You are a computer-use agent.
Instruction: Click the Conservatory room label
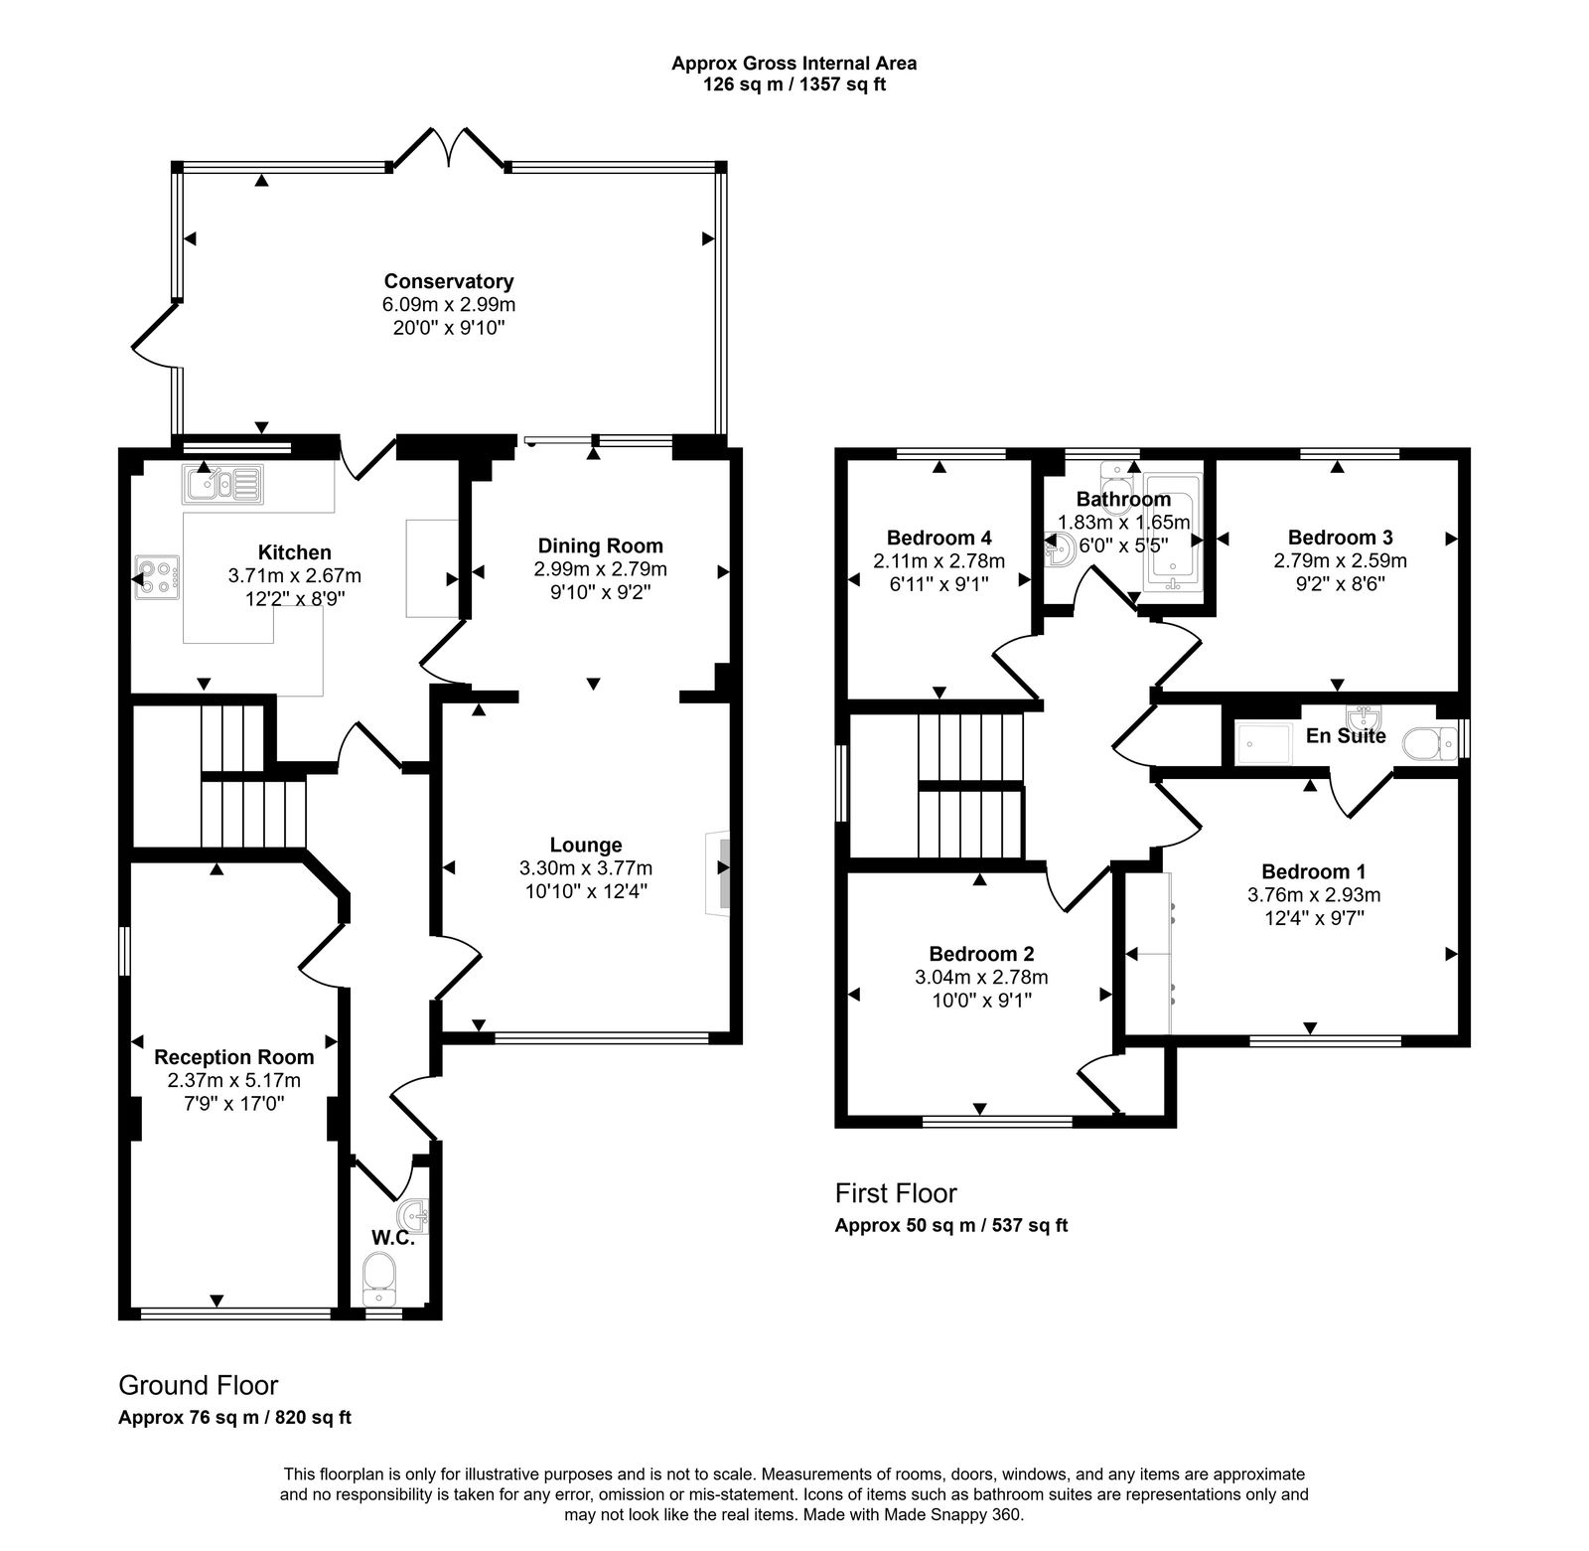(449, 281)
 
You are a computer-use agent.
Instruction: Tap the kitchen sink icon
(220, 484)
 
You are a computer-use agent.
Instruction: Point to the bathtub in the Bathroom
(1173, 537)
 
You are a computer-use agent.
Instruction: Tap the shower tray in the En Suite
(1263, 744)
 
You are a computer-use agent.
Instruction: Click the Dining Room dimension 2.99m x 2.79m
(600, 569)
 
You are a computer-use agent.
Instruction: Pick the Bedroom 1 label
(1313, 871)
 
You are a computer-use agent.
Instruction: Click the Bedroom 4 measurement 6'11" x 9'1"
(939, 584)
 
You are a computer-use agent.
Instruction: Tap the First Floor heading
(896, 1192)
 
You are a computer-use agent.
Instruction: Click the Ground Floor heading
(199, 1385)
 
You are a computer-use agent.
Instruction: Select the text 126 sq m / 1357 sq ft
(794, 84)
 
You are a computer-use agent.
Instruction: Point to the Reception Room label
(234, 1057)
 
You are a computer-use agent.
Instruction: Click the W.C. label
(392, 1238)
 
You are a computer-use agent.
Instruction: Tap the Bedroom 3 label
(1340, 538)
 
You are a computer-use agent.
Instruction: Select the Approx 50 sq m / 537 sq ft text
(950, 1225)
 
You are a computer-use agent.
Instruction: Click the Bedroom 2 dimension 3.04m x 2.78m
(981, 977)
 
